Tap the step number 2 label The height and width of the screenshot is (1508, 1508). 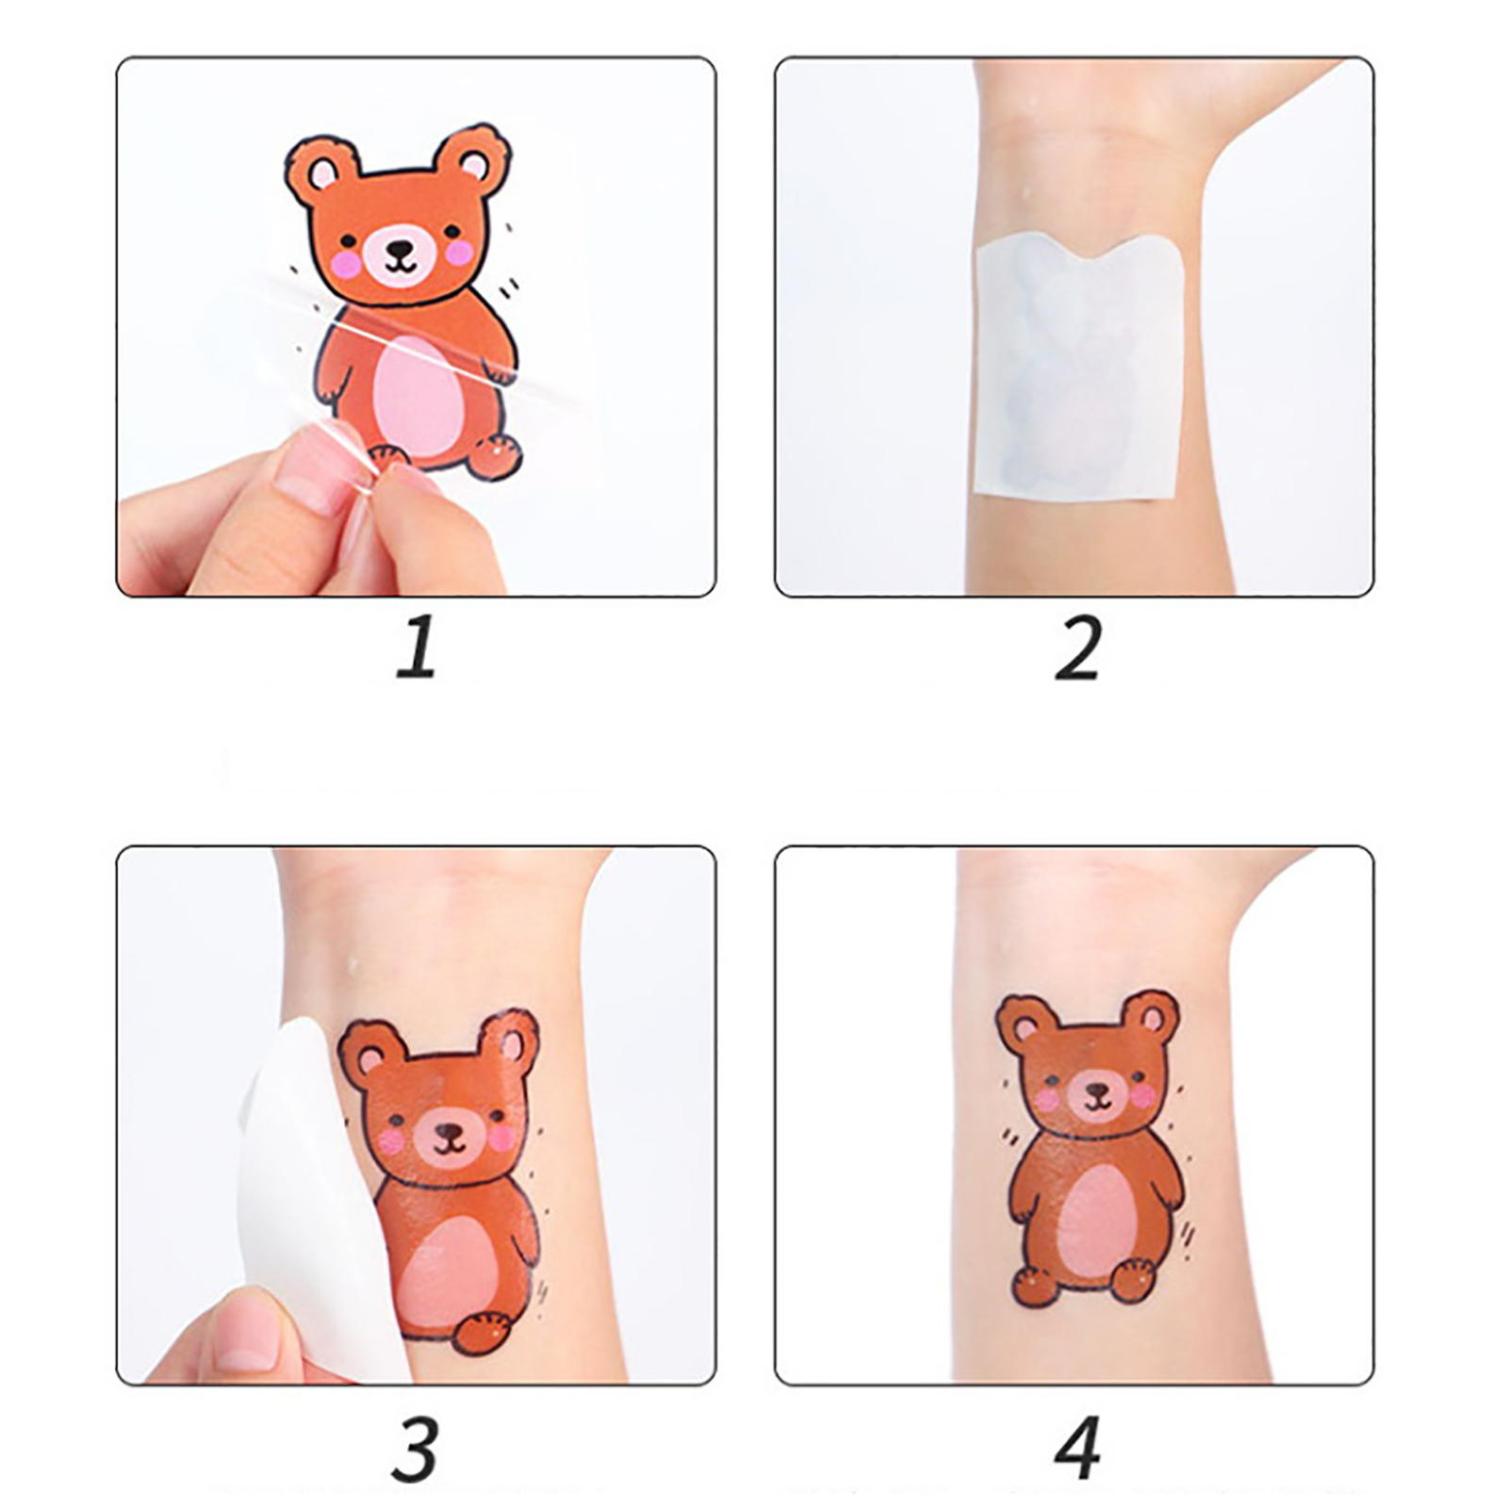1078,647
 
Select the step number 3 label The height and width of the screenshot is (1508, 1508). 415,1449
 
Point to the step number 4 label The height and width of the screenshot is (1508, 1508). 1077,1449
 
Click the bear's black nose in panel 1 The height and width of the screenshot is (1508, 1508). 400,249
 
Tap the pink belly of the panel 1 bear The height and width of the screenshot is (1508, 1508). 418,397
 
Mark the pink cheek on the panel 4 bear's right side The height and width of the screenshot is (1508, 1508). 1141,1095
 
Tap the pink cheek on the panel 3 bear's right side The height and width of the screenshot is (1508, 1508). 502,1138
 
